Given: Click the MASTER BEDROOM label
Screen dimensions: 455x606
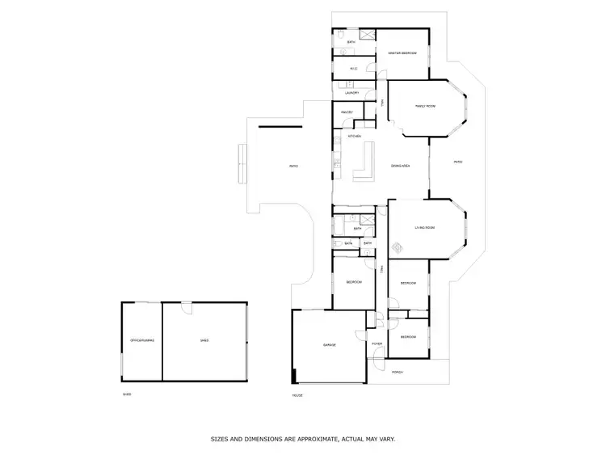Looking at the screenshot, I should tap(402, 53).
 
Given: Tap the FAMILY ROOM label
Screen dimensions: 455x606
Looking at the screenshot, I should tap(425, 106).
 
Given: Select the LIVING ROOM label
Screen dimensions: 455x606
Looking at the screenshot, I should tap(425, 228).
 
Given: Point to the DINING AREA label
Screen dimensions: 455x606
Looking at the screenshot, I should tap(401, 166).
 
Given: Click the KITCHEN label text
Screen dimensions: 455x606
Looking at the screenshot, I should tap(354, 137).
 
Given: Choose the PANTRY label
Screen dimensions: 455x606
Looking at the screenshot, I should tap(347, 112).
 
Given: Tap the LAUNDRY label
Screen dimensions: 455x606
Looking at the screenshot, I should tap(352, 93).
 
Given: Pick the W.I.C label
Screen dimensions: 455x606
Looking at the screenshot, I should tap(354, 69).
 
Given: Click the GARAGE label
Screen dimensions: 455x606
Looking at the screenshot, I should tap(330, 345).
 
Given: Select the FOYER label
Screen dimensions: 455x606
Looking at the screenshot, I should tap(377, 344).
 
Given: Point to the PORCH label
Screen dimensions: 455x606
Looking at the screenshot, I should tap(397, 372).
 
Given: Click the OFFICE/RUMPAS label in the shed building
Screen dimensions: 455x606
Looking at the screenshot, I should tap(141, 341).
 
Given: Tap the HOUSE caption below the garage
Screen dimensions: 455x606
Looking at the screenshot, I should tap(297, 395).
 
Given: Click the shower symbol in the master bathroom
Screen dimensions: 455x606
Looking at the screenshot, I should tap(366, 36).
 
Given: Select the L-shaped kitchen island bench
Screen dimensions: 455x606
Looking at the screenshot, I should tap(364, 165).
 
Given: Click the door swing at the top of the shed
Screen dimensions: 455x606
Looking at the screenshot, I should tap(186, 306).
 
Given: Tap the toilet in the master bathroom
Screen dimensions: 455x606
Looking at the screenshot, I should tap(341, 35).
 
